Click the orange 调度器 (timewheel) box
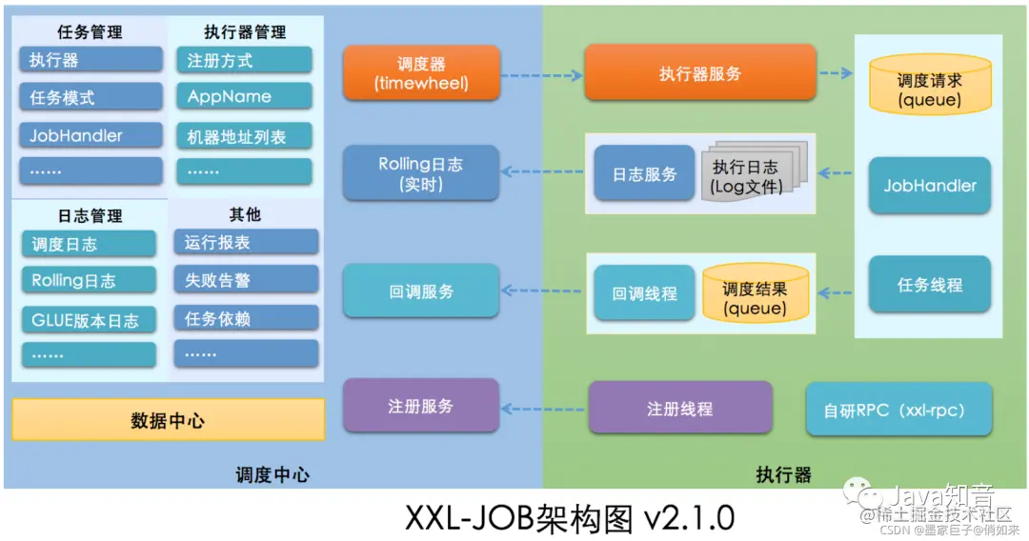(x=421, y=73)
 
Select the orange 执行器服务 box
(x=699, y=73)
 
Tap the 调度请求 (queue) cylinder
(x=929, y=88)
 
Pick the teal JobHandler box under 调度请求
(x=929, y=186)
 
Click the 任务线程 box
(x=929, y=285)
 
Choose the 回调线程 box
(x=644, y=293)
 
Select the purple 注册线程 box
(x=679, y=409)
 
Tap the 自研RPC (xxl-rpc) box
(x=899, y=411)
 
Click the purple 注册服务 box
(x=420, y=407)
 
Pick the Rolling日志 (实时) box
(x=420, y=173)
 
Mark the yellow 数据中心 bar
(x=168, y=420)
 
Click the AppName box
(x=243, y=97)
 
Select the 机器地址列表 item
(x=243, y=136)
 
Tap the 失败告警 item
(x=246, y=281)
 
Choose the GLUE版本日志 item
(x=84, y=320)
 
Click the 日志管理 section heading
(x=90, y=216)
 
